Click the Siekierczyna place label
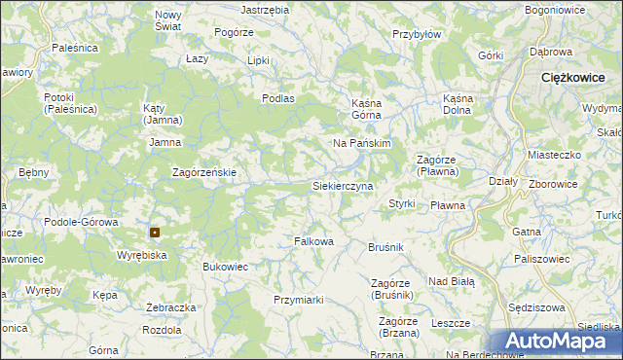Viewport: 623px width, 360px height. (x=342, y=185)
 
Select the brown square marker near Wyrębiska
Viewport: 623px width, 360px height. (x=155, y=233)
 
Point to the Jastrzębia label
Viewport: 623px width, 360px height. (x=265, y=9)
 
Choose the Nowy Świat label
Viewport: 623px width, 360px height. (x=168, y=21)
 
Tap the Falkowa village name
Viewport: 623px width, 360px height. (x=314, y=241)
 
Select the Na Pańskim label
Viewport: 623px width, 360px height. (x=361, y=143)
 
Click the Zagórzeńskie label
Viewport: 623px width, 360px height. (x=204, y=172)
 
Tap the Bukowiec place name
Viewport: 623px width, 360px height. (x=226, y=266)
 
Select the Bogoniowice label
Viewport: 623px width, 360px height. (x=553, y=9)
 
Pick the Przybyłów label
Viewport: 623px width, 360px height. (x=417, y=32)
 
